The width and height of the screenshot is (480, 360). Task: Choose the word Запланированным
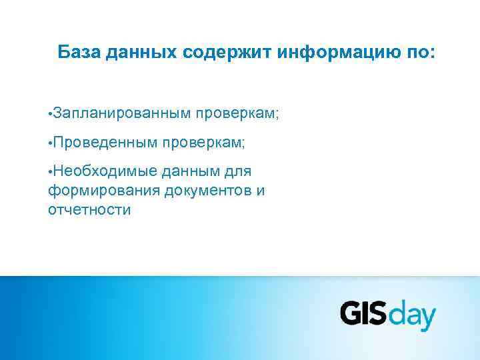(122, 114)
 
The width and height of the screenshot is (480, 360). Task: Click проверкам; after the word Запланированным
(237, 114)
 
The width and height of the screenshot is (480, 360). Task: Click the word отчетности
(89, 210)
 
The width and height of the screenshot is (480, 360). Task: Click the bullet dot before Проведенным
(51, 143)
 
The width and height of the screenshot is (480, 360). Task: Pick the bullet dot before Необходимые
(51, 172)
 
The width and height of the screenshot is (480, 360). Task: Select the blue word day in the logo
(411, 316)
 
